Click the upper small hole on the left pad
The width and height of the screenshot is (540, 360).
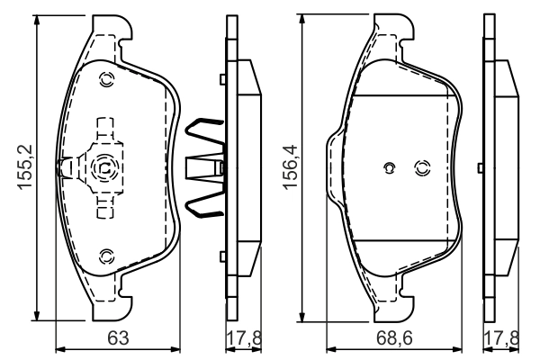[106, 78]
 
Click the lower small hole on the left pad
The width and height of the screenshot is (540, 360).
[106, 256]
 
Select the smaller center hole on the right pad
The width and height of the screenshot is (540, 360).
[389, 166]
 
